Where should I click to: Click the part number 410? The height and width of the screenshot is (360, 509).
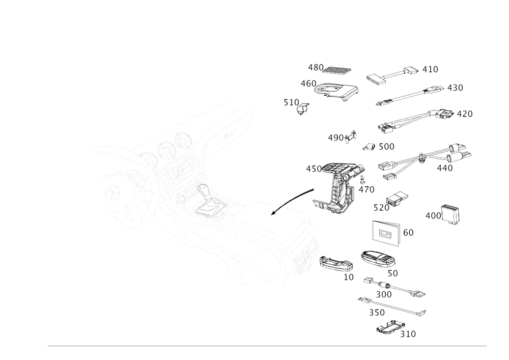coord(431,69)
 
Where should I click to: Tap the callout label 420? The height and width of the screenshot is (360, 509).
coord(455,88)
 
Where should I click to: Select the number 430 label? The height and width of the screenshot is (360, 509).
coord(315,67)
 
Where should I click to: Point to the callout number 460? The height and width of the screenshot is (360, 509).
coord(308,82)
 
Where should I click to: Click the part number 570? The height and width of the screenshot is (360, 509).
coord(380,207)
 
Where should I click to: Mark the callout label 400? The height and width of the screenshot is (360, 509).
coord(432,216)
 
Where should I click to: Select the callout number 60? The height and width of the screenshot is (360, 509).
coord(408,233)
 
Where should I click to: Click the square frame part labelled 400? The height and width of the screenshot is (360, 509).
coord(450,214)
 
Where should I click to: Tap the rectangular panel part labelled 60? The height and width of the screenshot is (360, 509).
coord(385,234)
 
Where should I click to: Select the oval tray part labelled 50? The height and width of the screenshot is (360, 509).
coord(378,259)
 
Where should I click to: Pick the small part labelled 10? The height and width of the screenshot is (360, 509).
coord(335,263)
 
